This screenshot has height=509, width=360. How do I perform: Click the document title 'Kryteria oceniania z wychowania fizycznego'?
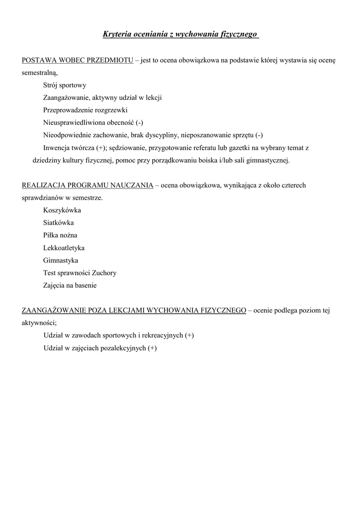click(x=180, y=34)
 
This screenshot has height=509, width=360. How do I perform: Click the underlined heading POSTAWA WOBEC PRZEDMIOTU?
click(x=78, y=60)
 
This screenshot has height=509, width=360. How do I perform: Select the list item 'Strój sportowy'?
click(x=65, y=85)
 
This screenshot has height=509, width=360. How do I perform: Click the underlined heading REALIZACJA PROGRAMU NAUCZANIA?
click(x=88, y=185)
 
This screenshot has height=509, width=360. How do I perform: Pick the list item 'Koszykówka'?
click(x=62, y=210)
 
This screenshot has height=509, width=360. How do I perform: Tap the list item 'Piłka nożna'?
click(x=60, y=235)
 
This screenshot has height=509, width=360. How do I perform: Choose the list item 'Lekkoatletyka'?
click(x=64, y=248)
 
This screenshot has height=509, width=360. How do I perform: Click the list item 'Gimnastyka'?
click(x=61, y=260)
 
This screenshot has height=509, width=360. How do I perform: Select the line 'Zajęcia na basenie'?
click(x=70, y=285)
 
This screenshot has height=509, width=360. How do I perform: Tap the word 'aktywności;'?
click(x=39, y=323)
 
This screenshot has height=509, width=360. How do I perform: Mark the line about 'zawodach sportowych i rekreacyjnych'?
click(x=118, y=336)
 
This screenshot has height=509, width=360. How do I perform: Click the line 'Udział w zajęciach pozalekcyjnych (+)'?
click(x=100, y=348)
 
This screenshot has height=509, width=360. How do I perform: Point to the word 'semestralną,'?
click(x=40, y=73)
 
